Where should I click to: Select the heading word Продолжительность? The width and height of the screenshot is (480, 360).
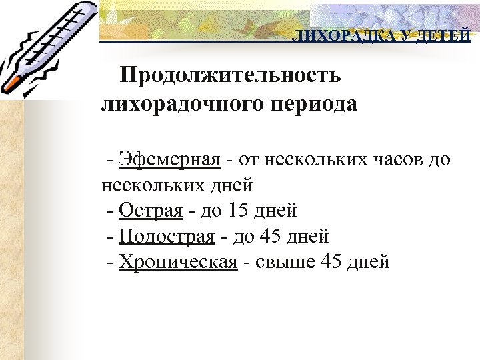[230, 76]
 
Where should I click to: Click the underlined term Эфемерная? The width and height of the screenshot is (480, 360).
[169, 160]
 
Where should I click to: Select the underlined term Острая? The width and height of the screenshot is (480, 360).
[151, 211]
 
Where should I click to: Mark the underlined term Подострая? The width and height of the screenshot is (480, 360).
[167, 237]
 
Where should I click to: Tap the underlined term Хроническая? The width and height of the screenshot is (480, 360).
[178, 262]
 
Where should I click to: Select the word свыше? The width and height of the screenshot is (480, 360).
[285, 262]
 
